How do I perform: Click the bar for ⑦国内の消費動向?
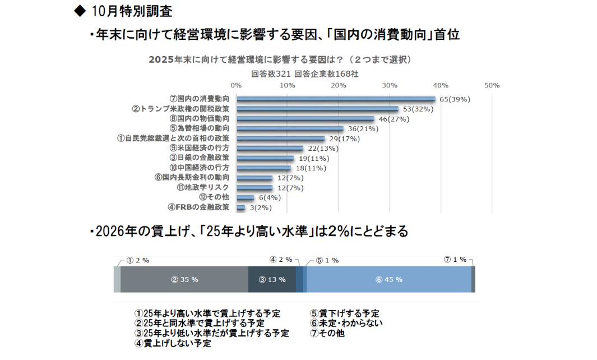point(335,99)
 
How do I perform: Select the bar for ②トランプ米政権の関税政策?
point(317,109)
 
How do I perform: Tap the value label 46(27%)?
point(394,119)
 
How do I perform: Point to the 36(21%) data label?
point(363,128)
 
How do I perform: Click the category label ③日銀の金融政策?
point(200,158)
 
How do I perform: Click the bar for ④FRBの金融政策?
point(240,207)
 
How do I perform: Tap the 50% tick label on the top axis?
point(492,85)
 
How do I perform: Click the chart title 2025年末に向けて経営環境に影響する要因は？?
point(280,59)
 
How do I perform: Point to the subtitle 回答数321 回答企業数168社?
point(305,73)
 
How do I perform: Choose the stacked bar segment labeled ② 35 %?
point(184,279)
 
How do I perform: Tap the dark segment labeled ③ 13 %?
point(272,279)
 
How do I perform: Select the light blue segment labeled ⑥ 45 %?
point(388,279)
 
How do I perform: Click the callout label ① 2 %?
point(137,260)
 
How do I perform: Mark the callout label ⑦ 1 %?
point(455,260)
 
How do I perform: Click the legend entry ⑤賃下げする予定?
point(345,313)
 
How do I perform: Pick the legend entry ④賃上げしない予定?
point(173,343)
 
